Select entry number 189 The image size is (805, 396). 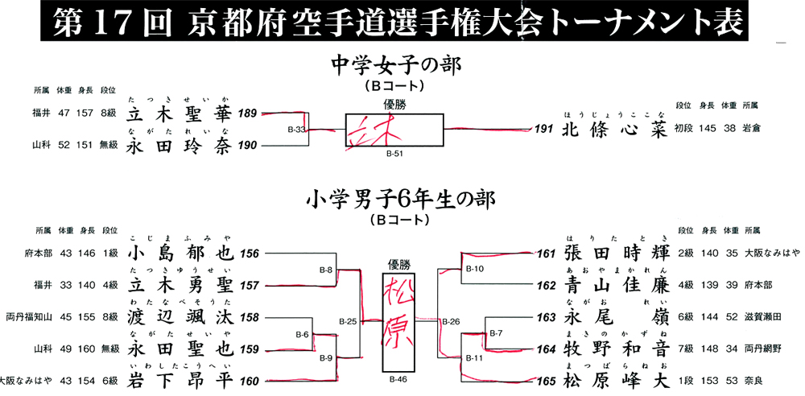(x=247, y=114)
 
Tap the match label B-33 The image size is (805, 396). (x=296, y=129)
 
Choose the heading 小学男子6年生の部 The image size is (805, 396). (x=399, y=199)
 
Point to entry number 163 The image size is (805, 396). (x=547, y=317)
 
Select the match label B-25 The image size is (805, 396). (x=348, y=322)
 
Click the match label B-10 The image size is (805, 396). (x=474, y=269)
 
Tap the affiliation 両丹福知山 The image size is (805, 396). (x=27, y=317)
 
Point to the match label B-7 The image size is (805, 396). (x=496, y=332)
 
